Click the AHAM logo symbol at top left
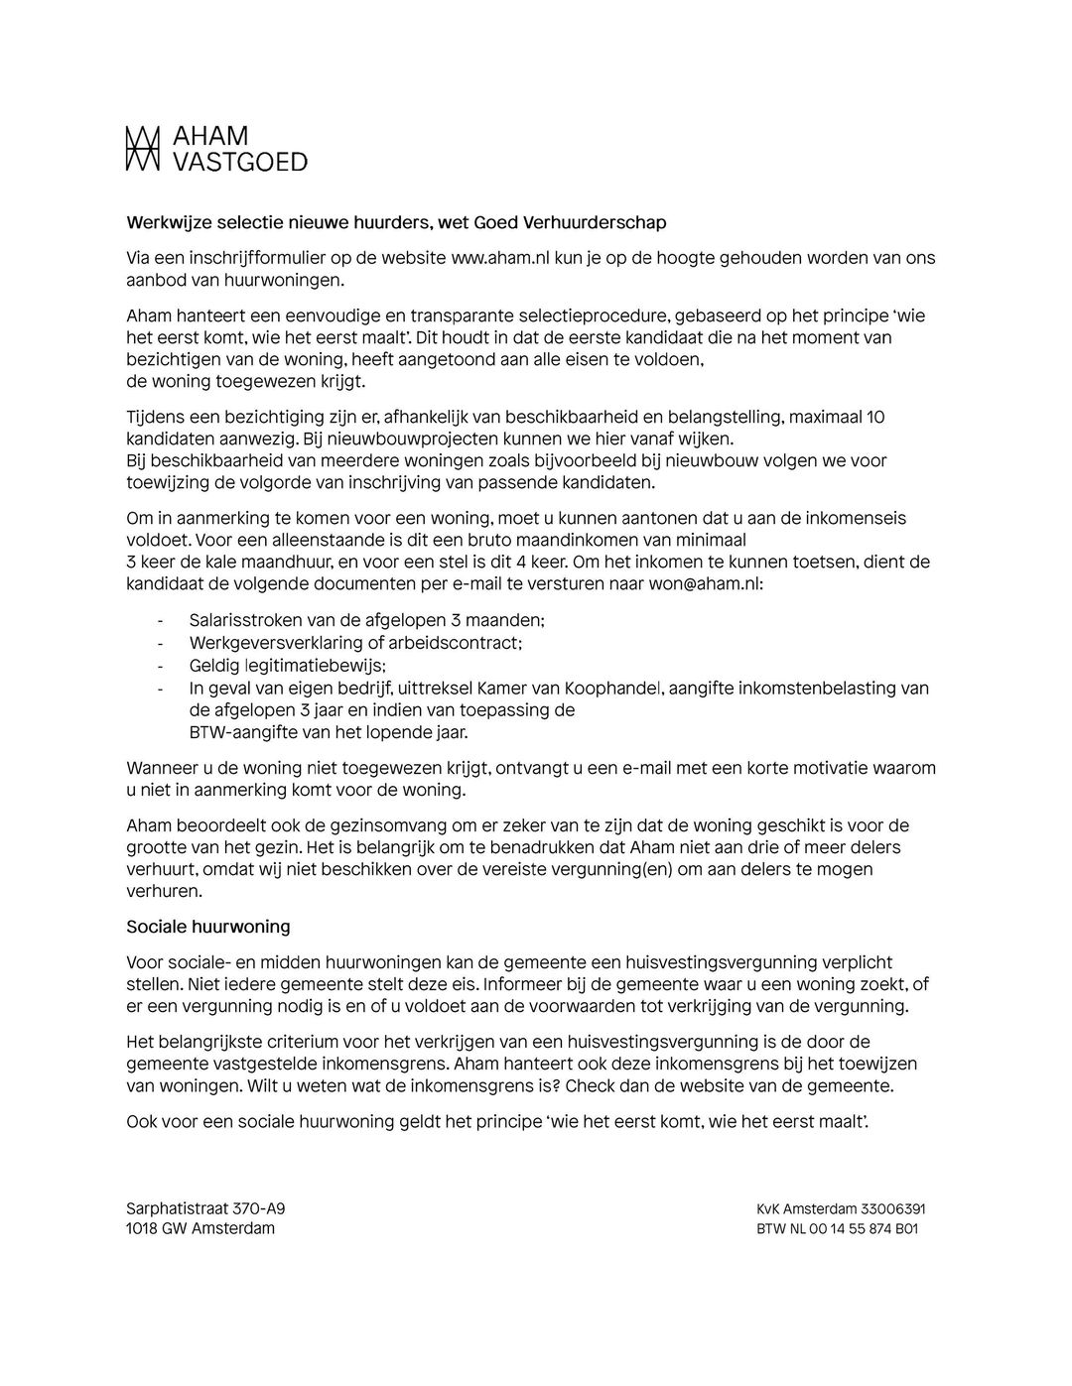tap(142, 149)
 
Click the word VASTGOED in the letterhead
tap(240, 162)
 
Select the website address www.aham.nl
tap(500, 258)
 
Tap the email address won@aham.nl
tap(705, 583)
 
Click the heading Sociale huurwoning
tap(208, 927)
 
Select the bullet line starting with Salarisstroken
tap(366, 620)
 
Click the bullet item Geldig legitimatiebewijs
tap(287, 665)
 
